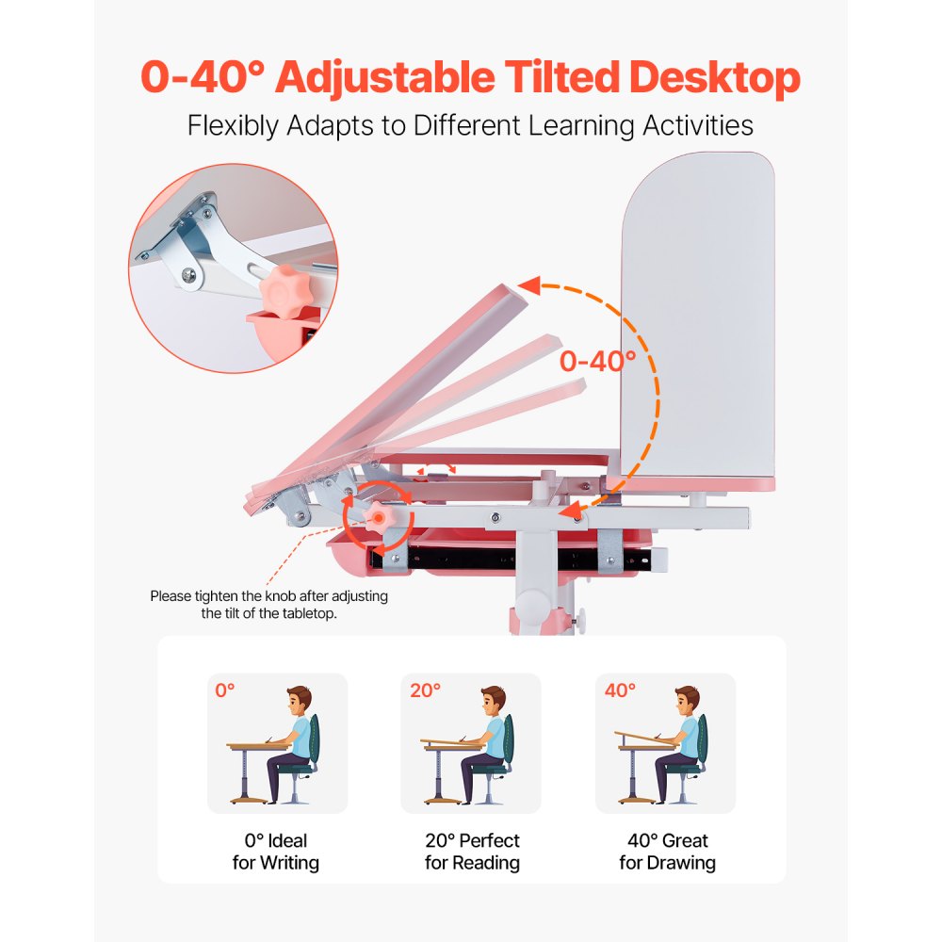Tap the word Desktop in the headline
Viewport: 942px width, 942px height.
pos(715,78)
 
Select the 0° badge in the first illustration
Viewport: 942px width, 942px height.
pos(224,690)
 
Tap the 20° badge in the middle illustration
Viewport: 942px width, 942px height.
pos(425,690)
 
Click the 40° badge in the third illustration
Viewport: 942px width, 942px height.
pos(621,690)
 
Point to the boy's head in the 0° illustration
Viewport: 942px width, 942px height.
pos(299,701)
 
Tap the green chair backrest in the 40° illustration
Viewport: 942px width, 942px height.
pos(702,739)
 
